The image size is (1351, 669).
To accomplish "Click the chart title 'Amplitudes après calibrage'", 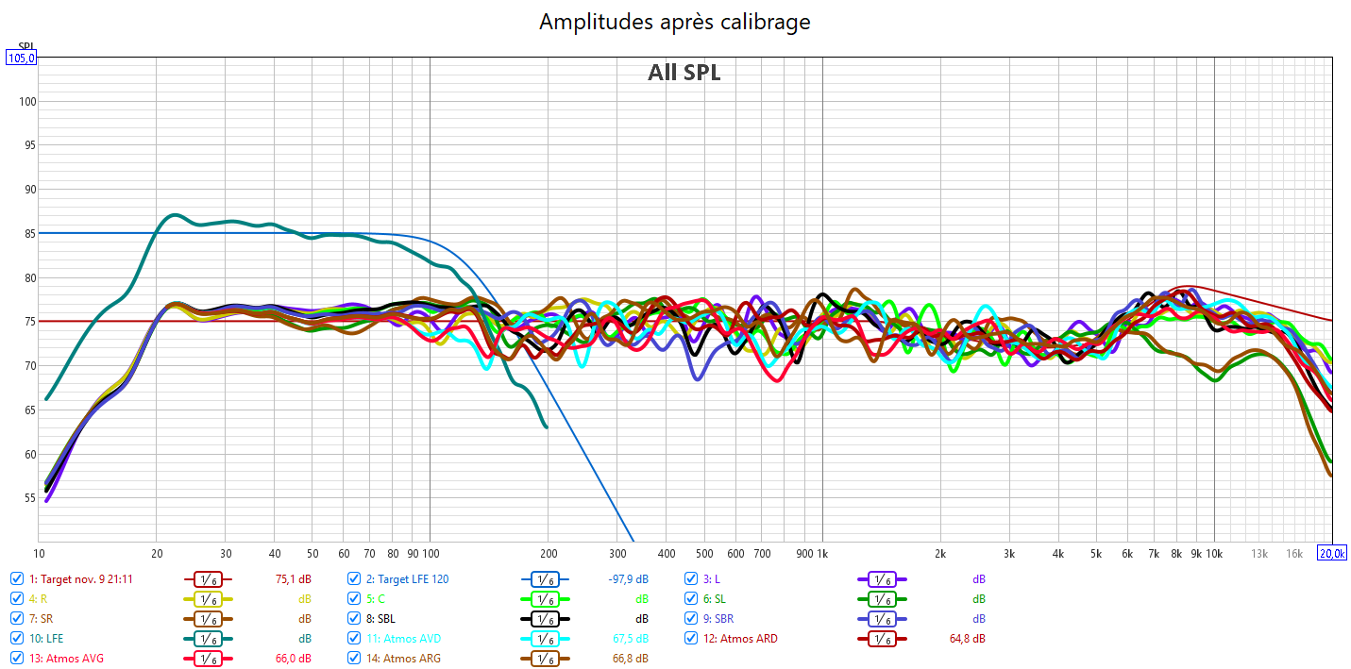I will pos(674,22).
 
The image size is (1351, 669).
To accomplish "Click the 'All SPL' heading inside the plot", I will pos(684,73).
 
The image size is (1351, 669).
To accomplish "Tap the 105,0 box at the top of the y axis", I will pos(22,58).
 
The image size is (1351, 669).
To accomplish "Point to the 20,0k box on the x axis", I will pos(1331,553).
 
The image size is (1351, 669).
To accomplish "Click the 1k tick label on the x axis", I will pos(821,553).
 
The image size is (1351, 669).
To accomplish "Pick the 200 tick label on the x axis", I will pos(548,553).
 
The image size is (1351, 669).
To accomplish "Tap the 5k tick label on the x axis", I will pos(1096,553).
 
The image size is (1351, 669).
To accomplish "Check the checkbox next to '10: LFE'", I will pos(17,639).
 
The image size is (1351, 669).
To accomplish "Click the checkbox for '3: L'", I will pos(691,578).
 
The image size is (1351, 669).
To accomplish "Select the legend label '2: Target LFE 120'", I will pos(407,578).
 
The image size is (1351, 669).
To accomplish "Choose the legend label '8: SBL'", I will pos(380,619).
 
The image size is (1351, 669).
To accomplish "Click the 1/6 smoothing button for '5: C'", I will pos(545,599).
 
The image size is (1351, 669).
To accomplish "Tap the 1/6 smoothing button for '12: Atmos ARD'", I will pos(882,639).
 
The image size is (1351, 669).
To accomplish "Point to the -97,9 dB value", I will pos(628,578).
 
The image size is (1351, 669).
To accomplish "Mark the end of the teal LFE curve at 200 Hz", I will pos(547,426).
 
